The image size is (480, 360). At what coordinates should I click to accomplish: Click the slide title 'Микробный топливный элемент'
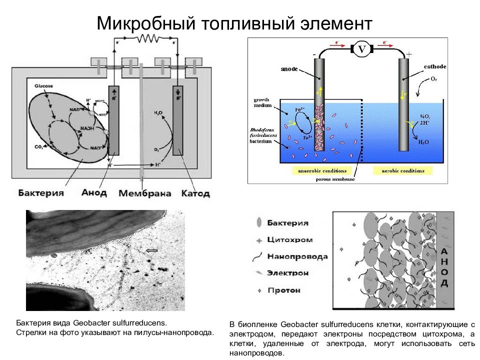coord(234,23)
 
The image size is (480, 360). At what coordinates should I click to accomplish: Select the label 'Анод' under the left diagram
coord(93,193)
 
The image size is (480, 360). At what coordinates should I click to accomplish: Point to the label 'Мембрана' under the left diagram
coord(145,193)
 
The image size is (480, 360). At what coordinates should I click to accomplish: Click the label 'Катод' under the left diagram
coord(195,193)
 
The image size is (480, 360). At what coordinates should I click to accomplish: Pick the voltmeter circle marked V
coord(361,49)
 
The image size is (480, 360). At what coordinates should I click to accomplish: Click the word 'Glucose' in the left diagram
coord(43,86)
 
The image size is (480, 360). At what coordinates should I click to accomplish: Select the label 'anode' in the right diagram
coord(288,69)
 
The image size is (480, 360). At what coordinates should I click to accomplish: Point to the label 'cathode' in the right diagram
coord(434,66)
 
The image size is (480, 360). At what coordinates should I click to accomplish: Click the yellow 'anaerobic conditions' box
coord(316,171)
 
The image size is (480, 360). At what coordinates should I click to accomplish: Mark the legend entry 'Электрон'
coord(287,273)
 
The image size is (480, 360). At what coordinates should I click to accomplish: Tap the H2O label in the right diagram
coord(423,142)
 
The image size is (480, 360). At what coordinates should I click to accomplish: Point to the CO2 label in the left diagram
coord(38,146)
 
